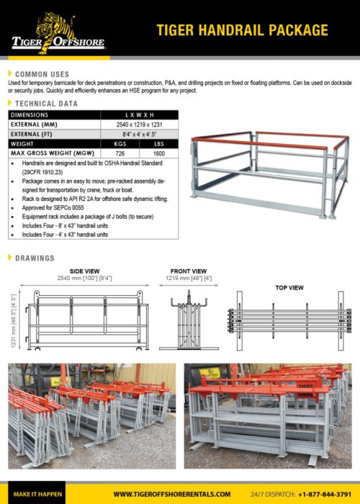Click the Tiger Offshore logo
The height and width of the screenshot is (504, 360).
pyautogui.click(x=58, y=32)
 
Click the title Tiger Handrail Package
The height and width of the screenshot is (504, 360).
pyautogui.click(x=243, y=30)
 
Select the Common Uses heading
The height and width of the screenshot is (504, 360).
pyautogui.click(x=42, y=74)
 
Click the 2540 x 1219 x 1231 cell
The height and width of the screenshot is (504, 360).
pyautogui.click(x=140, y=124)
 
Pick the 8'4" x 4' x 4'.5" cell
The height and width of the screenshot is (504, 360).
pyautogui.click(x=140, y=134)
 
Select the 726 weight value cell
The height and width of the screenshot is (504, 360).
pyautogui.click(x=120, y=154)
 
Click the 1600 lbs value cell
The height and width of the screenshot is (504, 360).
pyautogui.click(x=159, y=154)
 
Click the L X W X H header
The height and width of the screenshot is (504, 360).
pyautogui.click(x=140, y=114)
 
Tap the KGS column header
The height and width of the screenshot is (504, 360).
pyautogui.click(x=120, y=144)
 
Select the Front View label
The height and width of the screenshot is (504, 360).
pyautogui.click(x=189, y=271)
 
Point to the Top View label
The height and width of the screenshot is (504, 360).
pyautogui.click(x=289, y=287)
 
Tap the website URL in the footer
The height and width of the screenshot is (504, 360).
pyautogui.click(x=172, y=494)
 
